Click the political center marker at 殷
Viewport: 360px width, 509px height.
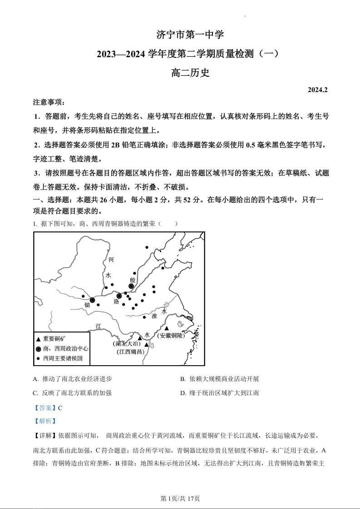click(131, 286)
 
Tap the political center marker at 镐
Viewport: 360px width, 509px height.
click(92, 300)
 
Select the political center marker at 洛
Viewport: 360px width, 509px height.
click(119, 296)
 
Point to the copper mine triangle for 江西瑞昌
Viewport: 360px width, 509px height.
click(146, 345)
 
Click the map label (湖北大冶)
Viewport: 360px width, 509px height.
click(127, 343)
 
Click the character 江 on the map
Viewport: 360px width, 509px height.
click(99, 326)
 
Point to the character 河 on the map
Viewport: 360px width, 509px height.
click(111, 259)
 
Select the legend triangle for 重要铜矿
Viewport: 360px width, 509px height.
click(39, 339)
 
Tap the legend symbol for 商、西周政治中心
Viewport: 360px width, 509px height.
click(39, 349)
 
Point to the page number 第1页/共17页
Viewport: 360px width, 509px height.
click(180, 498)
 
